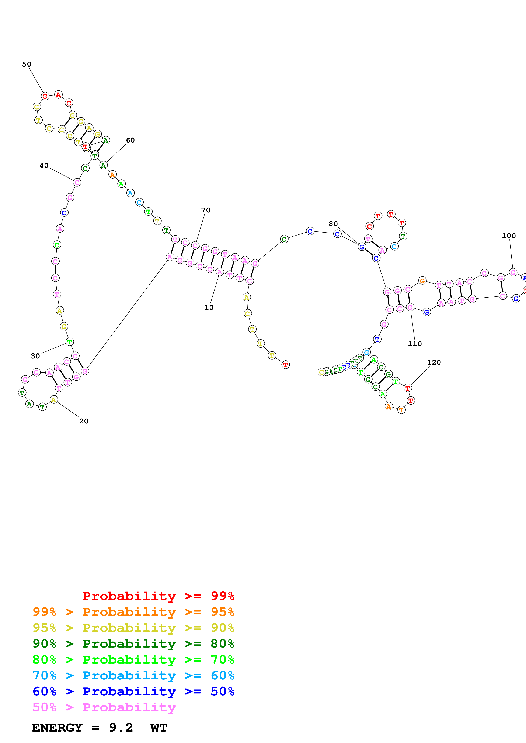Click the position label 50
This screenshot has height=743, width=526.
(x=27, y=64)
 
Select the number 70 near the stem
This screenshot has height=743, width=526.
(x=205, y=210)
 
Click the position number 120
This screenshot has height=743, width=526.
(x=434, y=362)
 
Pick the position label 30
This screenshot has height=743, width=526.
(x=35, y=356)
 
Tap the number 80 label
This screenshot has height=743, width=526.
(x=333, y=224)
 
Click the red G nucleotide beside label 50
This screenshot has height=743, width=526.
(x=45, y=96)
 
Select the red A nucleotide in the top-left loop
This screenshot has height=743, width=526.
(x=58, y=95)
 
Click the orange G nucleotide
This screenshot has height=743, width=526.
(x=422, y=281)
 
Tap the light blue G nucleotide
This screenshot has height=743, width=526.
(x=366, y=352)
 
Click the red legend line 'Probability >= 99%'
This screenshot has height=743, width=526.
(x=158, y=596)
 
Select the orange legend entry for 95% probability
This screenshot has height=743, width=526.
(x=133, y=612)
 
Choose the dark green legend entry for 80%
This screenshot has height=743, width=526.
(x=133, y=644)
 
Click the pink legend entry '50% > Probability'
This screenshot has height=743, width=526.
(x=104, y=707)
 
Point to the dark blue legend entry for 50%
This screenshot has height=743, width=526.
(x=133, y=691)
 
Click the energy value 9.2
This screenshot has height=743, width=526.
(x=121, y=728)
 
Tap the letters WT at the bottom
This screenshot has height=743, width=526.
(x=159, y=728)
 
